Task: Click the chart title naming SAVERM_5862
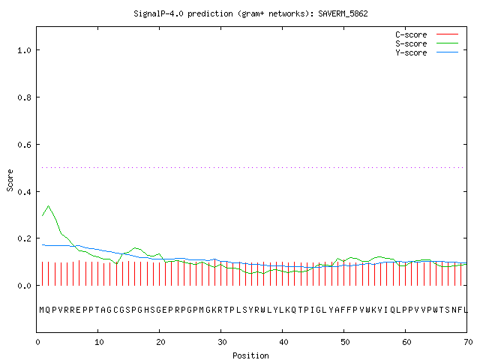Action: [250, 13]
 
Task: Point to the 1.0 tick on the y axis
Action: [24, 50]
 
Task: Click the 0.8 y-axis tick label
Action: [24, 97]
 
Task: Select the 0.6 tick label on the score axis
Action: [24, 145]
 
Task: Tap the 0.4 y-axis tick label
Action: [24, 192]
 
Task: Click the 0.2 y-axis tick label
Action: [24, 238]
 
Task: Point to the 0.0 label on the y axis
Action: [24, 286]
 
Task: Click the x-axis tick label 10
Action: [99, 342]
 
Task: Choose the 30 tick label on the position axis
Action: [222, 342]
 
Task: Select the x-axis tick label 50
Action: [345, 342]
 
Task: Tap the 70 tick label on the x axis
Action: [468, 342]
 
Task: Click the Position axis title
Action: [250, 355]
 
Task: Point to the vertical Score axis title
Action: [10, 180]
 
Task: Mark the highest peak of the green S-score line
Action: [48, 206]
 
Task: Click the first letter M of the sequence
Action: [42, 310]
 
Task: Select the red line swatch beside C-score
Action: [447, 34]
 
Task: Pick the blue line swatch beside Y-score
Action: [447, 52]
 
